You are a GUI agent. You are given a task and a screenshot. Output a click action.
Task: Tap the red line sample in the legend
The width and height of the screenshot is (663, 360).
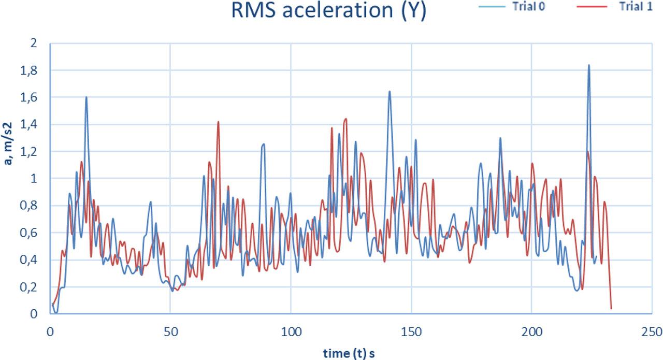click(x=594, y=7)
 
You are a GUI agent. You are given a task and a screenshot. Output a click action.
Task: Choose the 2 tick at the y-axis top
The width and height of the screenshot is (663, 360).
click(x=34, y=44)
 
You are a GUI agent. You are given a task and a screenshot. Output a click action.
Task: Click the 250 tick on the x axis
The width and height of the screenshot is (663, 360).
click(x=651, y=330)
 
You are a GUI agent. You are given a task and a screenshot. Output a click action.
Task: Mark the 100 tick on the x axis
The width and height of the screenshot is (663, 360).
click(x=291, y=330)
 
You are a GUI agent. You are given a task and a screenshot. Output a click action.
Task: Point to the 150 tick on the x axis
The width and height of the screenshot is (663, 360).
click(x=411, y=330)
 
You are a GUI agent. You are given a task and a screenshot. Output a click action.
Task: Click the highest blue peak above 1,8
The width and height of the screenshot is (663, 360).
click(x=588, y=65)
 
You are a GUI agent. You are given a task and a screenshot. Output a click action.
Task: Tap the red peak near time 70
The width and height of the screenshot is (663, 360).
click(x=218, y=122)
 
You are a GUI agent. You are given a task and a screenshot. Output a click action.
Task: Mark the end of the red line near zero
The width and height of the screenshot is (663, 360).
click(x=611, y=308)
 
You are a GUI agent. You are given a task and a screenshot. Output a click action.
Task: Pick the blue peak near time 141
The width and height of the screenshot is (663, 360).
click(x=389, y=92)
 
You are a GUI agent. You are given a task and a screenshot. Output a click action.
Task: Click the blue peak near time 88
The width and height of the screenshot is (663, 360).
click(x=264, y=144)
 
